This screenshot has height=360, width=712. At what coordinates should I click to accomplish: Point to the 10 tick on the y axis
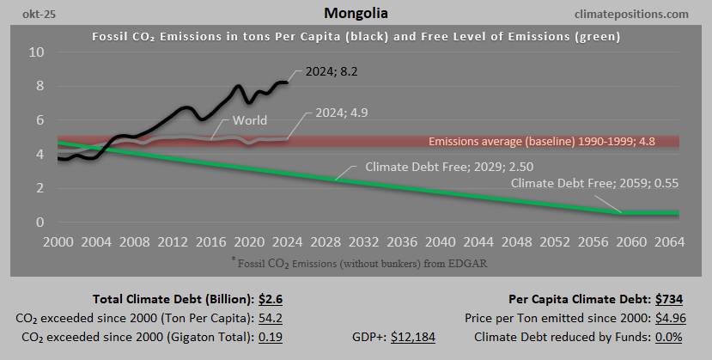(35, 52)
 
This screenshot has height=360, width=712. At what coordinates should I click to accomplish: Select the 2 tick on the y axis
(40, 188)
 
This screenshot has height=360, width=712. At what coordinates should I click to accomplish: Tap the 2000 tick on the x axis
(58, 241)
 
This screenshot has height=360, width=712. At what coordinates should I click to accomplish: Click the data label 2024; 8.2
(324, 73)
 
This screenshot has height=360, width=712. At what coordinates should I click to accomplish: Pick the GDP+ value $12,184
(413, 336)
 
